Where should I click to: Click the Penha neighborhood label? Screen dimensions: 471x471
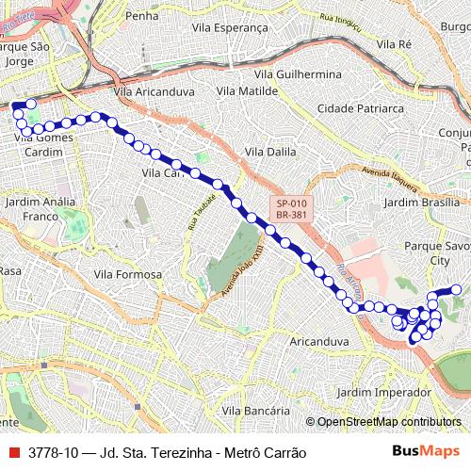(141, 16)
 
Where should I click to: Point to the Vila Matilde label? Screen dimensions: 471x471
(247, 91)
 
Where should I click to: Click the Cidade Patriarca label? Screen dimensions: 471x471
(359, 109)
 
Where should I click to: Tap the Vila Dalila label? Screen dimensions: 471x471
(269, 151)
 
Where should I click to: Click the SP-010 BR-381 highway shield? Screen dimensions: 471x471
(291, 209)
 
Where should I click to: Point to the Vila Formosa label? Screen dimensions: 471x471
(128, 274)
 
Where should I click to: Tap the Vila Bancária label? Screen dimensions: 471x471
(255, 411)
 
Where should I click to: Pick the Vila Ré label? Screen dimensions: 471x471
(393, 43)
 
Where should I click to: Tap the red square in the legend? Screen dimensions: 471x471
(13, 452)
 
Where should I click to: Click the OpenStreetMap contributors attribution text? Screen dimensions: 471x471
(389, 422)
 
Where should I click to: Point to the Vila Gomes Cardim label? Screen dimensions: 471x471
(44, 144)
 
